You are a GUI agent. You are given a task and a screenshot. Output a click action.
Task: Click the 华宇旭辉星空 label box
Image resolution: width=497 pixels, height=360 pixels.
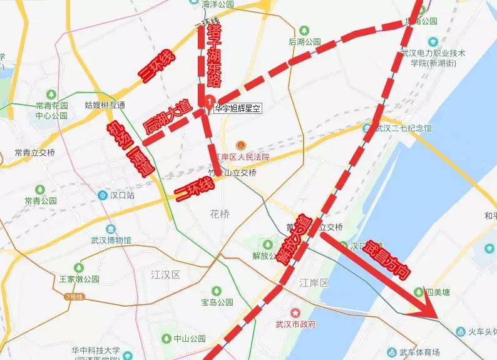pyautogui.click(x=237, y=108)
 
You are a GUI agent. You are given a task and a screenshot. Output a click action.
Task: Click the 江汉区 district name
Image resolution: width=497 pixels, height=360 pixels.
pyautogui.click(x=165, y=275)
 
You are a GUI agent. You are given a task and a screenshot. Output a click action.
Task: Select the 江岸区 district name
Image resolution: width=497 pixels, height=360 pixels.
pyautogui.click(x=314, y=284)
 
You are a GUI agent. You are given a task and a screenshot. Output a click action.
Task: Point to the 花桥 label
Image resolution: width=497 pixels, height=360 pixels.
pyautogui.click(x=219, y=213)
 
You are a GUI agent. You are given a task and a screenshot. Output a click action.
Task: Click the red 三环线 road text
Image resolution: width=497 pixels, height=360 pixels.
pyautogui.click(x=158, y=68)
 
